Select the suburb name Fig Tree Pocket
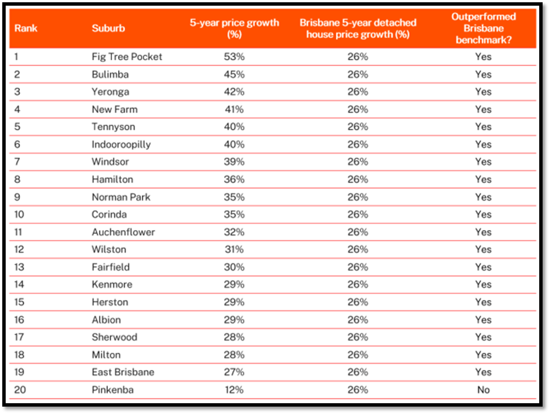click(127, 57)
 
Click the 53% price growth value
click(234, 57)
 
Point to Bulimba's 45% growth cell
click(234, 74)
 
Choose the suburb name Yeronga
click(110, 92)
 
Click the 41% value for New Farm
click(234, 109)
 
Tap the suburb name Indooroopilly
click(121, 144)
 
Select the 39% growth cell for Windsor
click(234, 162)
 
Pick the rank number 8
click(17, 179)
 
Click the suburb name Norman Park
click(121, 197)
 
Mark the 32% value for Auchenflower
click(234, 232)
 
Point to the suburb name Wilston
click(109, 249)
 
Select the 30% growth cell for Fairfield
click(234, 267)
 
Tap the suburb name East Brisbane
click(123, 372)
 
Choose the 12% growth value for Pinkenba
click(234, 390)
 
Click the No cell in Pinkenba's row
click(483, 390)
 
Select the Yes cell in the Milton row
click(483, 354)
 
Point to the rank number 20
click(20, 390)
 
